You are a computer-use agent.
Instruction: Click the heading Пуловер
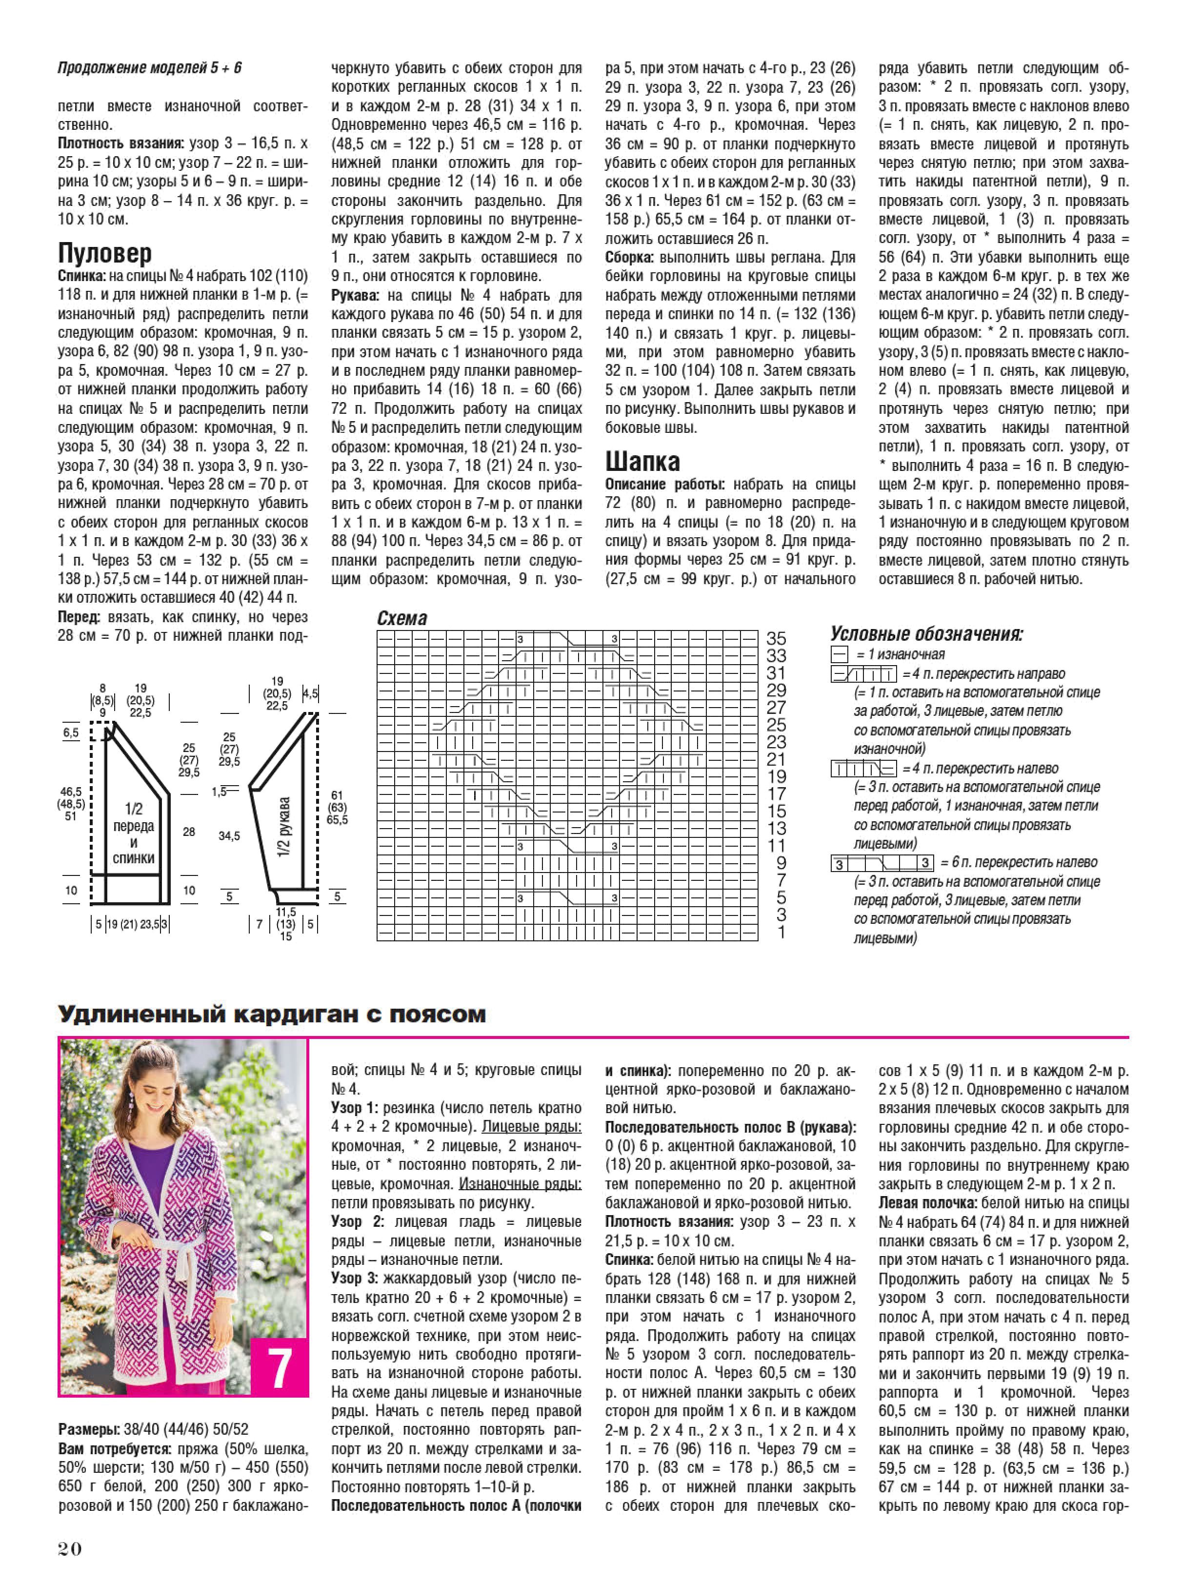pos(104,253)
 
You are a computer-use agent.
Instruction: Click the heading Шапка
pos(642,461)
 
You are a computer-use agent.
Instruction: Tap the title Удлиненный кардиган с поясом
pos(272,1014)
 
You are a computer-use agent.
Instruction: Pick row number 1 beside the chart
pos(781,932)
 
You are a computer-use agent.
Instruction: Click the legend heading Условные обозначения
pos(926,634)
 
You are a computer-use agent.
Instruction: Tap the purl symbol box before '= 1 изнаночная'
pos(839,654)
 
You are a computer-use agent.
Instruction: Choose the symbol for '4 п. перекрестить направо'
pos(863,674)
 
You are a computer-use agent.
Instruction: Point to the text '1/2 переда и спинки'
pos(134,833)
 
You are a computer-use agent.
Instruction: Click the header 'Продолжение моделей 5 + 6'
pos(149,68)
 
